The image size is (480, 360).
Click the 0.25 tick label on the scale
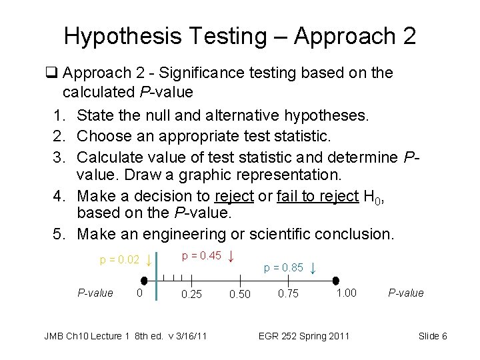(x=191, y=294)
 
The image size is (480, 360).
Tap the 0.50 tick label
(x=240, y=295)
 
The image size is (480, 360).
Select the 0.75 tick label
(x=289, y=293)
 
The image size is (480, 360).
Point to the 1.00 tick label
(x=346, y=293)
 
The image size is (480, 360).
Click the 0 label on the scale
(x=139, y=293)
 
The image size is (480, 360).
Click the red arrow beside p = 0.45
(x=231, y=256)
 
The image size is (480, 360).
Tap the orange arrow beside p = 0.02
(x=149, y=259)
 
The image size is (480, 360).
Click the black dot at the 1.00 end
(x=336, y=281)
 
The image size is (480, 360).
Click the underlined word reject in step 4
(x=234, y=197)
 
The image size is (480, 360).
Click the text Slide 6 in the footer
(x=433, y=336)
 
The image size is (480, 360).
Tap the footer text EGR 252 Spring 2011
(x=303, y=336)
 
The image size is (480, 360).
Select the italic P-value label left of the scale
(x=95, y=293)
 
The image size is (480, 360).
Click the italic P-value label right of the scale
(x=406, y=293)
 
